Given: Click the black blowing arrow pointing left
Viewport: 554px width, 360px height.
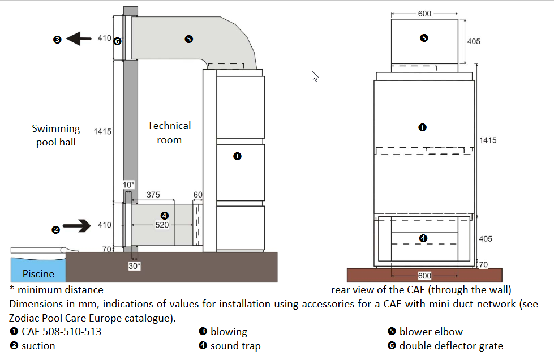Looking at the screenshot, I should tap(79, 39).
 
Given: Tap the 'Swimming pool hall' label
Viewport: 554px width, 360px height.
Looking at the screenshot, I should tap(56, 135).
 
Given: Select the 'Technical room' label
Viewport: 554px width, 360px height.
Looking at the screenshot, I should tap(169, 132).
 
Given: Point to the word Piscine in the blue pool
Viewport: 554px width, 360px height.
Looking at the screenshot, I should tap(38, 274).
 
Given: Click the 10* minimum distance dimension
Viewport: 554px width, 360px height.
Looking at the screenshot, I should tap(129, 185).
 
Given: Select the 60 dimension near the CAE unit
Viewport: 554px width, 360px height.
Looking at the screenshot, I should tap(197, 195).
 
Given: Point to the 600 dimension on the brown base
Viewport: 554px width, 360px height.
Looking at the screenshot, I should tap(424, 276).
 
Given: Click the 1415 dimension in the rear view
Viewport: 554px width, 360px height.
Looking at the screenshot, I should tap(487, 140).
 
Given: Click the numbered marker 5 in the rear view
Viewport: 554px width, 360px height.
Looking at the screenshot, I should tap(424, 38).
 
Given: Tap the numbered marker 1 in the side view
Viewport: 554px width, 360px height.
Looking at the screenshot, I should tap(238, 156).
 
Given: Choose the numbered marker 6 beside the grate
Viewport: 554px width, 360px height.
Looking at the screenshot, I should tap(117, 41).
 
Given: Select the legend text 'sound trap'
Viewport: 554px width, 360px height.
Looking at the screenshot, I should tap(235, 345).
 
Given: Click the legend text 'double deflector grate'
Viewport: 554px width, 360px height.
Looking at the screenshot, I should tap(451, 345).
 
